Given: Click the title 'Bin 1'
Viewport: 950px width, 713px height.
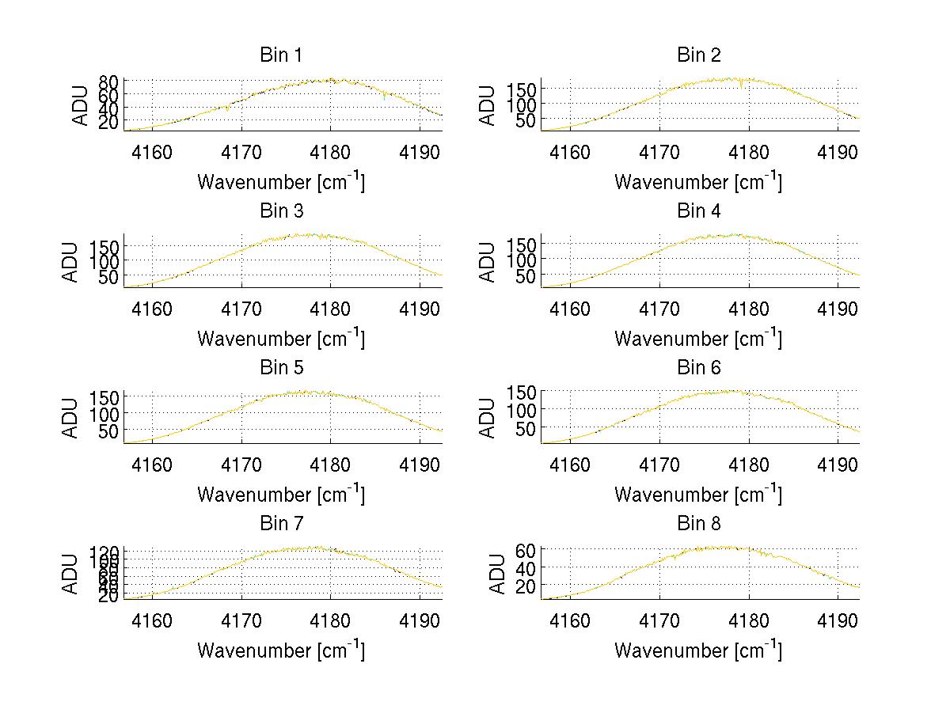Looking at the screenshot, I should click(x=281, y=55).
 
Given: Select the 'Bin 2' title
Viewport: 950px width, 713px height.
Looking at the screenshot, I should click(x=699, y=55).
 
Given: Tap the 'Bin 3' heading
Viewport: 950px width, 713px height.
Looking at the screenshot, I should click(x=281, y=211).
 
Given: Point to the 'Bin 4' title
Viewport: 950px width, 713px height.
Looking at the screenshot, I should click(x=699, y=211).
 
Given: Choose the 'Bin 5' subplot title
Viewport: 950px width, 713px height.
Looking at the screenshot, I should click(x=281, y=368).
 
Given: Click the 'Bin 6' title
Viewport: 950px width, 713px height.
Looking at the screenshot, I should click(x=699, y=368).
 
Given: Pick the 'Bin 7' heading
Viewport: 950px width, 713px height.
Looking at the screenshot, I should click(x=281, y=524).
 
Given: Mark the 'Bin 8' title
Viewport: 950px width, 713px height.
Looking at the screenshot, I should click(x=699, y=524).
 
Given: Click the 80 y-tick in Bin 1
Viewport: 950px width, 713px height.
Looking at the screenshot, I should click(x=108, y=81).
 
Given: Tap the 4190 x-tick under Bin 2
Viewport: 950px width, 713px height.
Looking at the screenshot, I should click(x=838, y=152).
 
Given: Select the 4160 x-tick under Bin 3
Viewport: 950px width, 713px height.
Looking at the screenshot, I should click(x=152, y=308).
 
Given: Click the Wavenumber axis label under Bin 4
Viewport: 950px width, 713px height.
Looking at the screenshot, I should click(x=697, y=338).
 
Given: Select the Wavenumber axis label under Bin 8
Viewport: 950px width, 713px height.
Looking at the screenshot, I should click(x=697, y=650).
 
